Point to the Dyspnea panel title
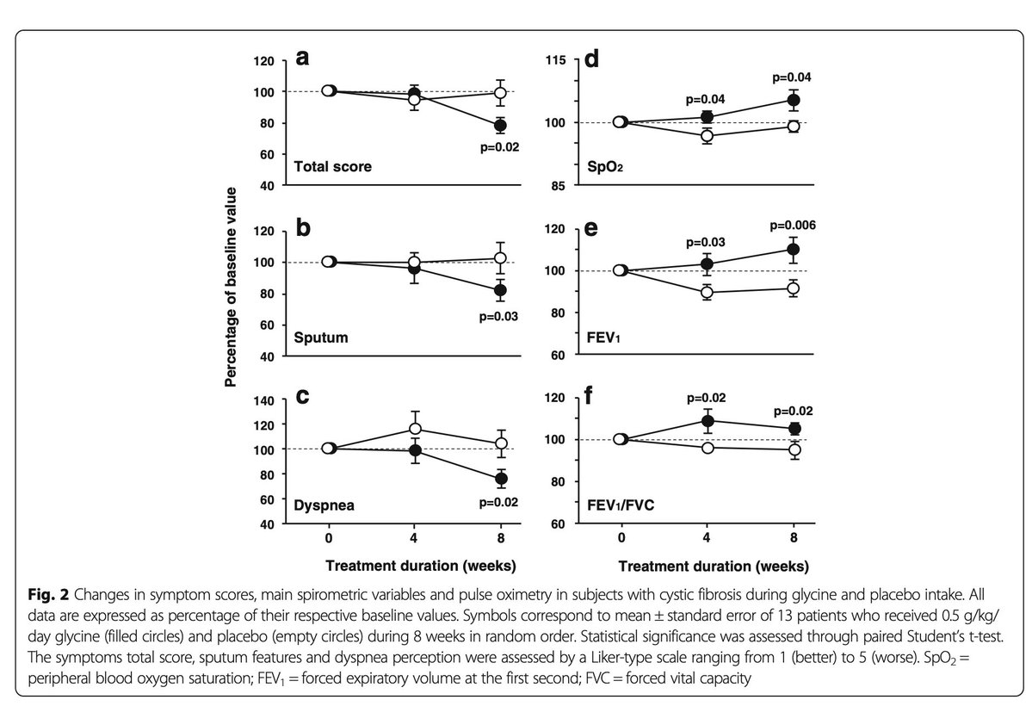tap(325, 505)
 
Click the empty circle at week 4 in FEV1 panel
tap(707, 293)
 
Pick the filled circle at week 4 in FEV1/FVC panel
tap(707, 421)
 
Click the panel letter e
tap(593, 231)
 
